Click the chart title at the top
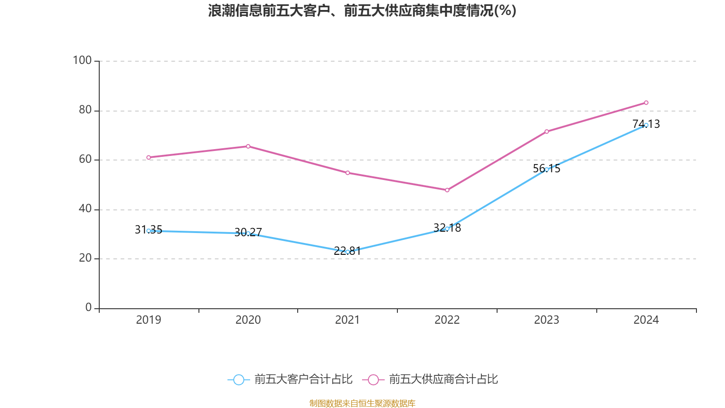(x=362, y=10)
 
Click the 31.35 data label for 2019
(x=148, y=230)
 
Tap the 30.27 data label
(x=248, y=233)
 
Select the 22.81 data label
(x=347, y=251)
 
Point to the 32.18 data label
(x=447, y=228)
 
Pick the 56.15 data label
(x=546, y=169)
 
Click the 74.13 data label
(x=646, y=124)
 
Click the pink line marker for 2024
(x=646, y=103)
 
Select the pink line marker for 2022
(x=447, y=190)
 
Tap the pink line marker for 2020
(x=248, y=146)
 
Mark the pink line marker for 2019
(x=149, y=158)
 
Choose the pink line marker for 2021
(x=348, y=173)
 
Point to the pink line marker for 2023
(x=546, y=131)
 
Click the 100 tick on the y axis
(x=82, y=60)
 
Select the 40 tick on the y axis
(x=85, y=209)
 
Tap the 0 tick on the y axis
(x=88, y=308)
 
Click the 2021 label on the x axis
(x=347, y=320)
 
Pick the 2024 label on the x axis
(x=646, y=320)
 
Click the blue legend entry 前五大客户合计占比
(x=290, y=379)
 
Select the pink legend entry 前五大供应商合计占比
(x=430, y=379)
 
